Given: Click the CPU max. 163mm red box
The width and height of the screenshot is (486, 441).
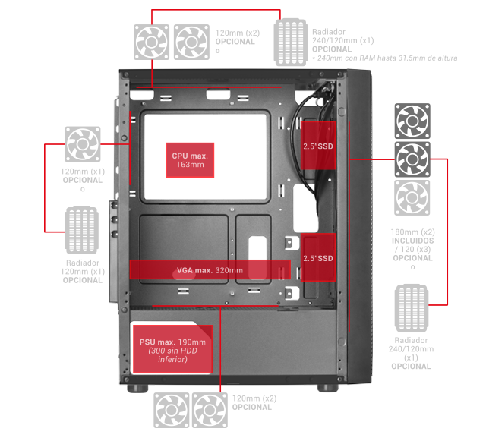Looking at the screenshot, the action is click(x=190, y=160).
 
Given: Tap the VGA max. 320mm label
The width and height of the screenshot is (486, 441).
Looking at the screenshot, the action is click(x=210, y=270).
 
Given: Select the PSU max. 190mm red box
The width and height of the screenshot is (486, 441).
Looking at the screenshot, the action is click(x=172, y=349).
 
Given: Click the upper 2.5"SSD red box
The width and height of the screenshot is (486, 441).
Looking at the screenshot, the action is click(x=318, y=145).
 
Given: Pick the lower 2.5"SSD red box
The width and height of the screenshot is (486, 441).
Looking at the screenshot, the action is click(x=318, y=257).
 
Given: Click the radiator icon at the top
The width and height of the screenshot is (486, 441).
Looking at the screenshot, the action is click(x=290, y=43).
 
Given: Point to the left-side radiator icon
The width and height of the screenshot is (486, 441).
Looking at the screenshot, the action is click(x=81, y=230).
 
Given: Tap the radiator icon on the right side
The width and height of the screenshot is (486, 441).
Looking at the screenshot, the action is click(x=412, y=308).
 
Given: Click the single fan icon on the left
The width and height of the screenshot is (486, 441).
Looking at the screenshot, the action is click(x=83, y=144).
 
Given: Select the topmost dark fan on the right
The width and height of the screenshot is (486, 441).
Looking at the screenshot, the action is click(x=412, y=121).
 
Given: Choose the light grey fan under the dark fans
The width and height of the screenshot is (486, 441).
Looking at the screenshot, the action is click(x=412, y=197).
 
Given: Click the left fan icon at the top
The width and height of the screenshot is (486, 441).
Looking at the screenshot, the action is click(x=152, y=43).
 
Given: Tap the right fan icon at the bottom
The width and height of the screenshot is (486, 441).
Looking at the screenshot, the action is click(x=210, y=411).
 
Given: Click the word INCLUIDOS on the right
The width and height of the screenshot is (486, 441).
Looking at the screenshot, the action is click(x=412, y=241).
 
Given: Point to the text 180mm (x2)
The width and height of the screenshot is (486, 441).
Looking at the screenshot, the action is click(x=412, y=232).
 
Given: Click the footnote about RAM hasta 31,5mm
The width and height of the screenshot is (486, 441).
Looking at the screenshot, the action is click(x=385, y=58).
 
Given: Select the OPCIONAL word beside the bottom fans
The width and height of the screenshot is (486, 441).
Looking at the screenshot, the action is click(x=252, y=407).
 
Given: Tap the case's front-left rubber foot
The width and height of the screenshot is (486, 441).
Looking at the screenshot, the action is click(x=137, y=389).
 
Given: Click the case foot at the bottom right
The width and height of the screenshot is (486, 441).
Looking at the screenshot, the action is click(x=328, y=388).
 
